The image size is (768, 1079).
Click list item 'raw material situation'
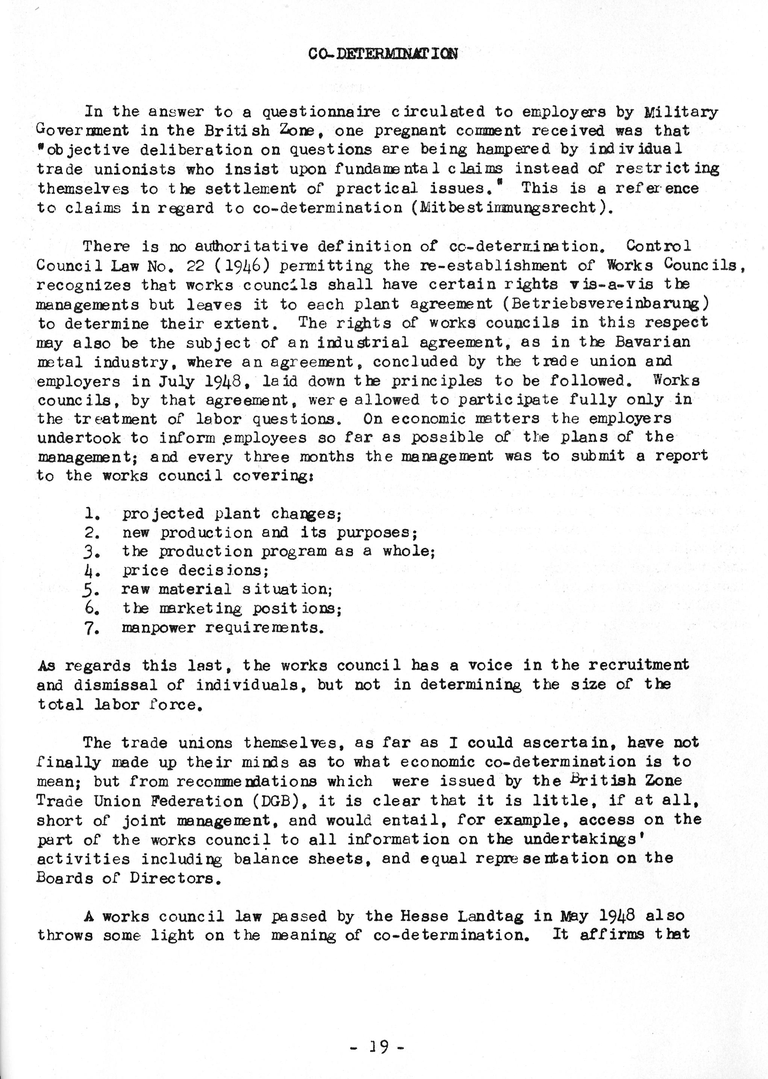pos(227,589)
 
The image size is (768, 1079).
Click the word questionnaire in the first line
pos(321,112)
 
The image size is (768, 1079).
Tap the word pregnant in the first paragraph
pos(409,131)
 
